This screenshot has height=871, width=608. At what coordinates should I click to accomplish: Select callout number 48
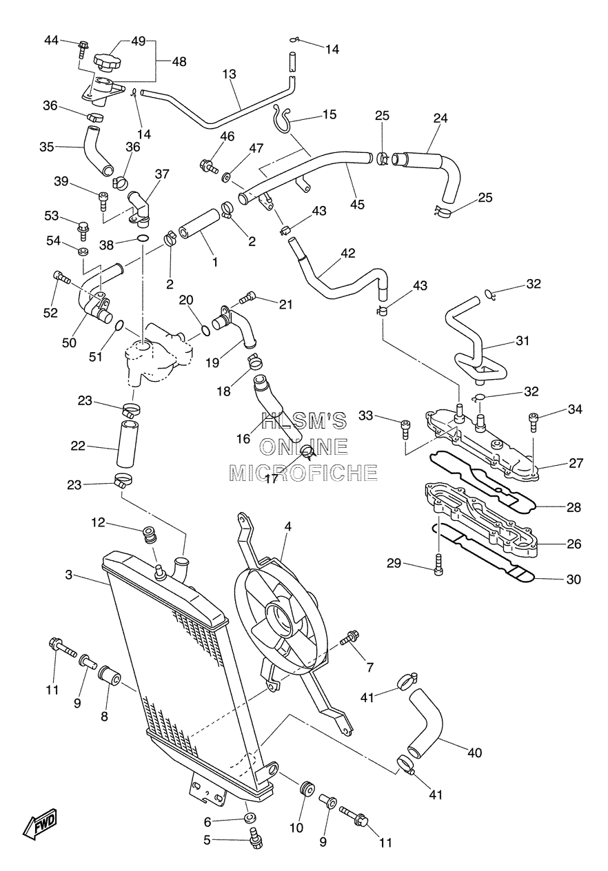tap(179, 61)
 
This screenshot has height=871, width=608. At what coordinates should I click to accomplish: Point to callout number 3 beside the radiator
tap(69, 575)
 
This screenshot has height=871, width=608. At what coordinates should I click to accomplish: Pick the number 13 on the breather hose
tap(230, 74)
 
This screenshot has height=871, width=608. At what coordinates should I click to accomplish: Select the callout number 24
tap(440, 118)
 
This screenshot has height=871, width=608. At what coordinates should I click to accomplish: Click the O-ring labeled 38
tap(143, 238)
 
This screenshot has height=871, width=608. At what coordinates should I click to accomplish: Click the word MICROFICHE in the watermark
tap(303, 472)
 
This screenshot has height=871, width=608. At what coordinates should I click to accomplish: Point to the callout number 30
tap(574, 580)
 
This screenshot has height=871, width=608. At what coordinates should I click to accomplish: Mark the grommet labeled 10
tap(307, 788)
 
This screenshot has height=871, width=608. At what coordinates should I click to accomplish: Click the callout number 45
tap(357, 204)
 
